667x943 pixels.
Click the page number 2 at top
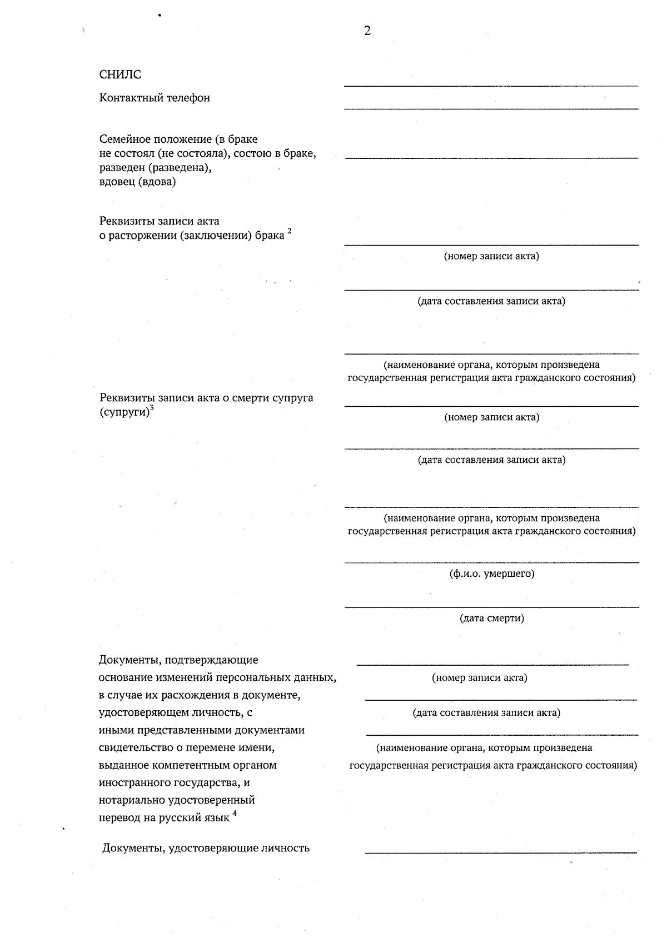click(x=367, y=31)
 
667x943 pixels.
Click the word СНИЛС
click(x=120, y=74)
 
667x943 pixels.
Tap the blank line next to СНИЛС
click(x=491, y=85)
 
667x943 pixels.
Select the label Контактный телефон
click(x=155, y=98)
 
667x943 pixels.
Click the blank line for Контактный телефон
click(x=491, y=108)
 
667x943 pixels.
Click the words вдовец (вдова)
click(x=137, y=182)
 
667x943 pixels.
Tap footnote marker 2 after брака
click(x=290, y=232)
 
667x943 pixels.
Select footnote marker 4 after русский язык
click(x=235, y=814)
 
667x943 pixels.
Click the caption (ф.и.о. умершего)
click(x=492, y=573)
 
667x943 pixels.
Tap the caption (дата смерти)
click(x=492, y=618)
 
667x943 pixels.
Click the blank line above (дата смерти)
click(x=491, y=607)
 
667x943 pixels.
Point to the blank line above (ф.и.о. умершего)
click(x=491, y=562)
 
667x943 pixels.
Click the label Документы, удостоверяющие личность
click(x=206, y=848)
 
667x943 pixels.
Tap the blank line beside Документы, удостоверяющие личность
click(x=500, y=852)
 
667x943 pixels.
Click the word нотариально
click(x=132, y=800)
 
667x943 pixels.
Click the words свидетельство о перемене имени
click(x=186, y=747)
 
